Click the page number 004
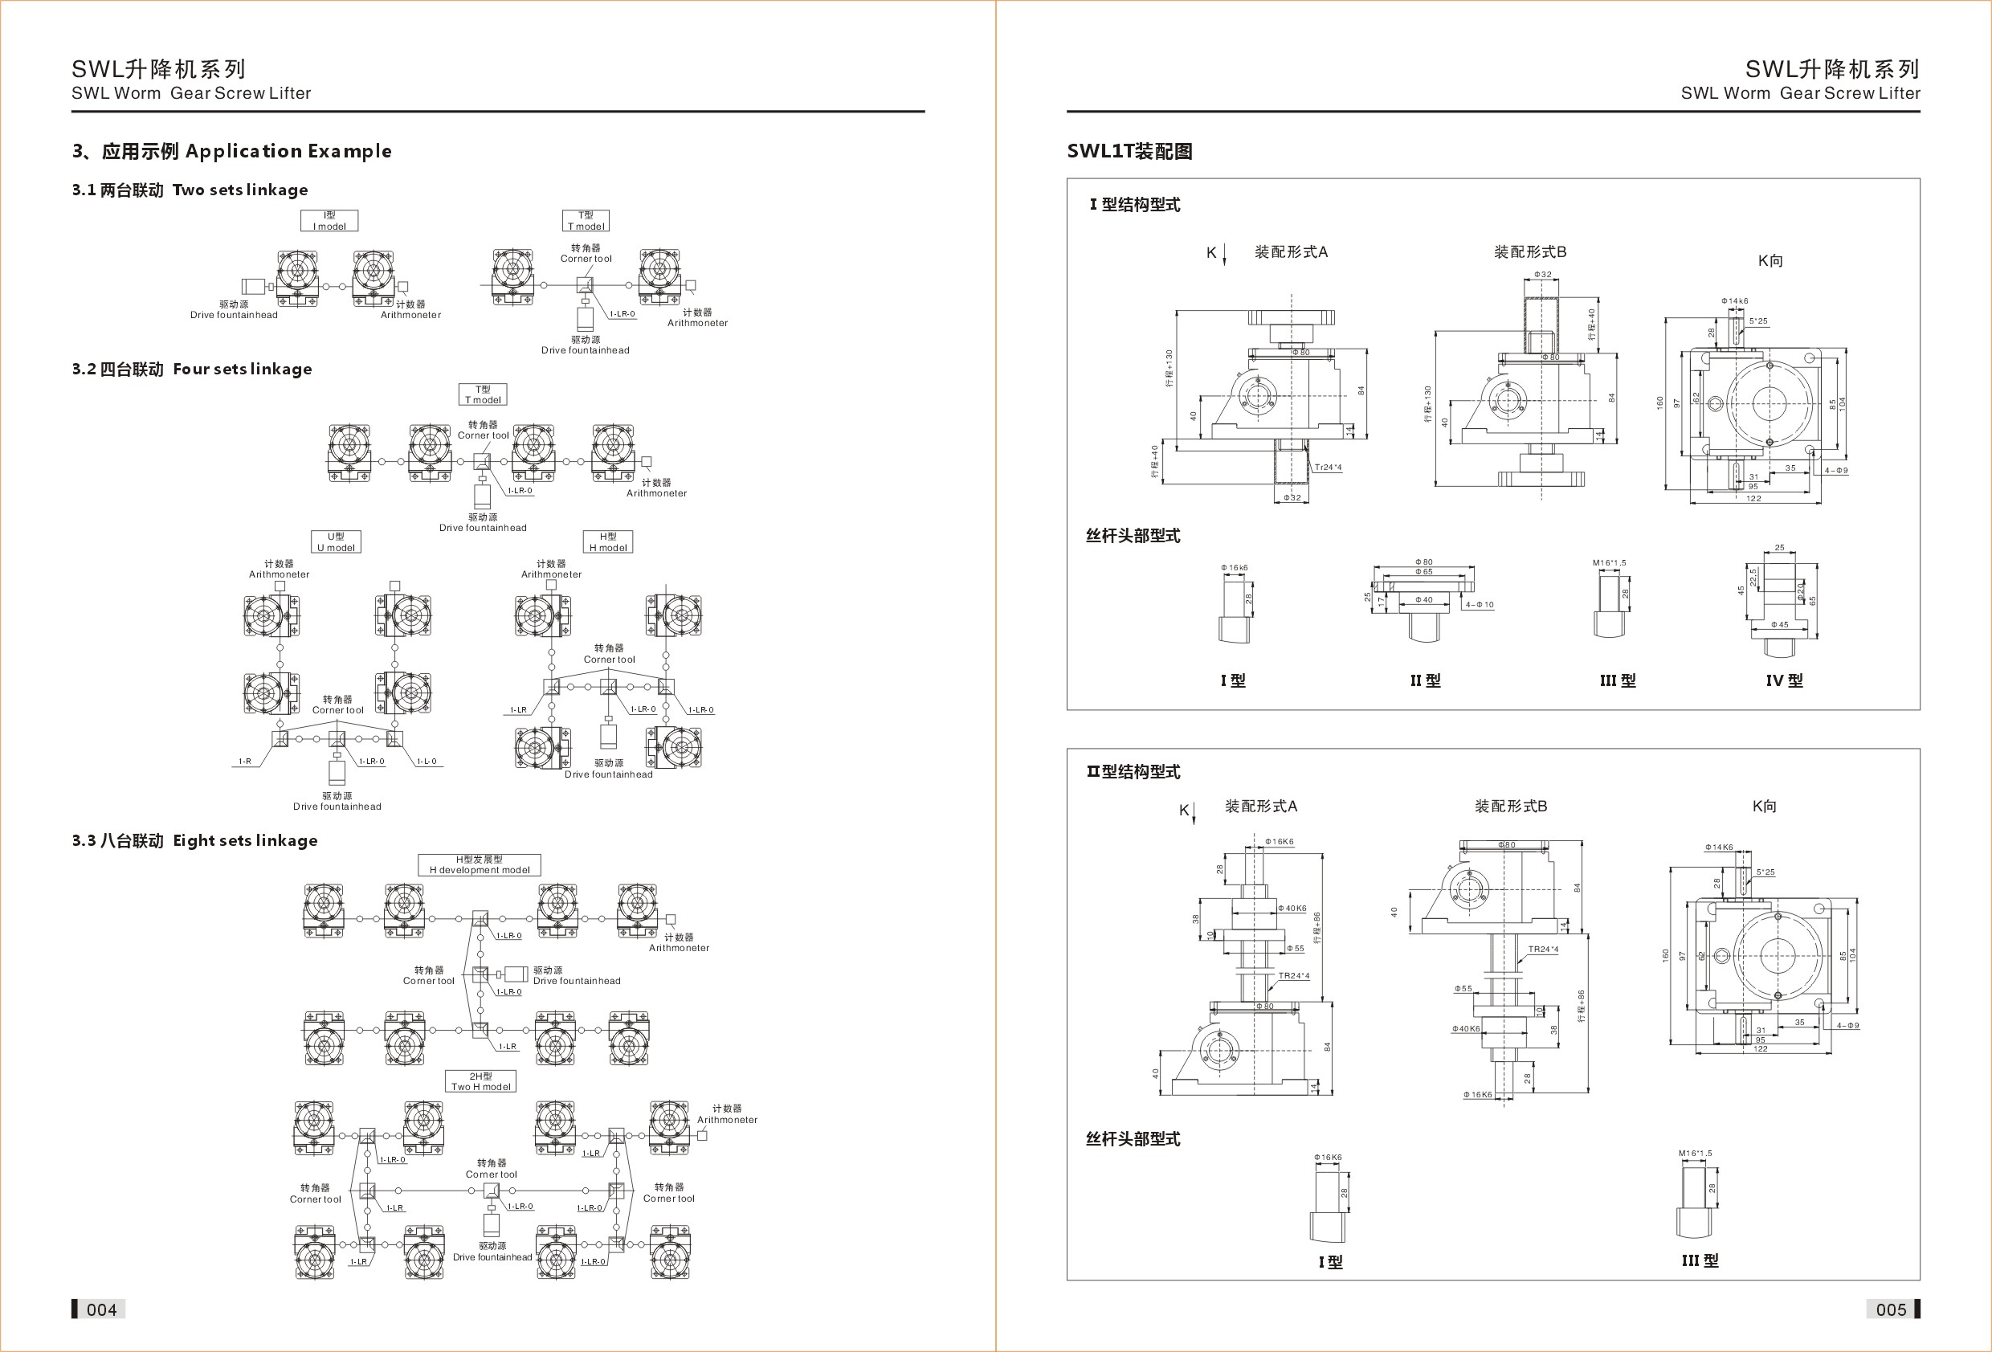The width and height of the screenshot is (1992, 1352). click(x=101, y=1309)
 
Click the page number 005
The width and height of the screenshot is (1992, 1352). click(x=1890, y=1309)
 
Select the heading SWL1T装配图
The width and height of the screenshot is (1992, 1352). click(x=1129, y=152)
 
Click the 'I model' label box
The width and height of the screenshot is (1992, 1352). click(x=329, y=221)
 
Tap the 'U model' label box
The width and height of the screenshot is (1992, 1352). click(x=336, y=541)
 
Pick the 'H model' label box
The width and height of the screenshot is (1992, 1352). click(x=608, y=541)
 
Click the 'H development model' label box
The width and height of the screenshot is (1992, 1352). click(x=480, y=864)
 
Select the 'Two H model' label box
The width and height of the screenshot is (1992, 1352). click(x=481, y=1081)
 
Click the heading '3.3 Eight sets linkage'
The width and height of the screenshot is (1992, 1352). click(x=194, y=841)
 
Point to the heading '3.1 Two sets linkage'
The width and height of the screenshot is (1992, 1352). click(x=190, y=190)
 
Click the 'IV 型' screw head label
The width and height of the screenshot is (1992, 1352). click(x=1784, y=680)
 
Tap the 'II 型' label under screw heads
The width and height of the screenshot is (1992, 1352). click(x=1426, y=680)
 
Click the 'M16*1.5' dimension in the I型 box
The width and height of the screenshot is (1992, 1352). click(x=1609, y=563)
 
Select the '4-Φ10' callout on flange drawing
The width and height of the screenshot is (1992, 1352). click(x=1480, y=605)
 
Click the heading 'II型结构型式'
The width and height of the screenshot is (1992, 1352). click(x=1133, y=771)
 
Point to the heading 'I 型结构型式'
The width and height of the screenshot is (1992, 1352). click(x=1135, y=205)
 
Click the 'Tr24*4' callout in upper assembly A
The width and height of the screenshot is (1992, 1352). click(x=1328, y=468)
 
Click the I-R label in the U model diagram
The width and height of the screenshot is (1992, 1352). click(x=245, y=762)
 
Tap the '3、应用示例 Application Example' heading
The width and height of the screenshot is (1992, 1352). click(x=231, y=152)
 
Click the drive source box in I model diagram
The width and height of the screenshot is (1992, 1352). click(x=253, y=286)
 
